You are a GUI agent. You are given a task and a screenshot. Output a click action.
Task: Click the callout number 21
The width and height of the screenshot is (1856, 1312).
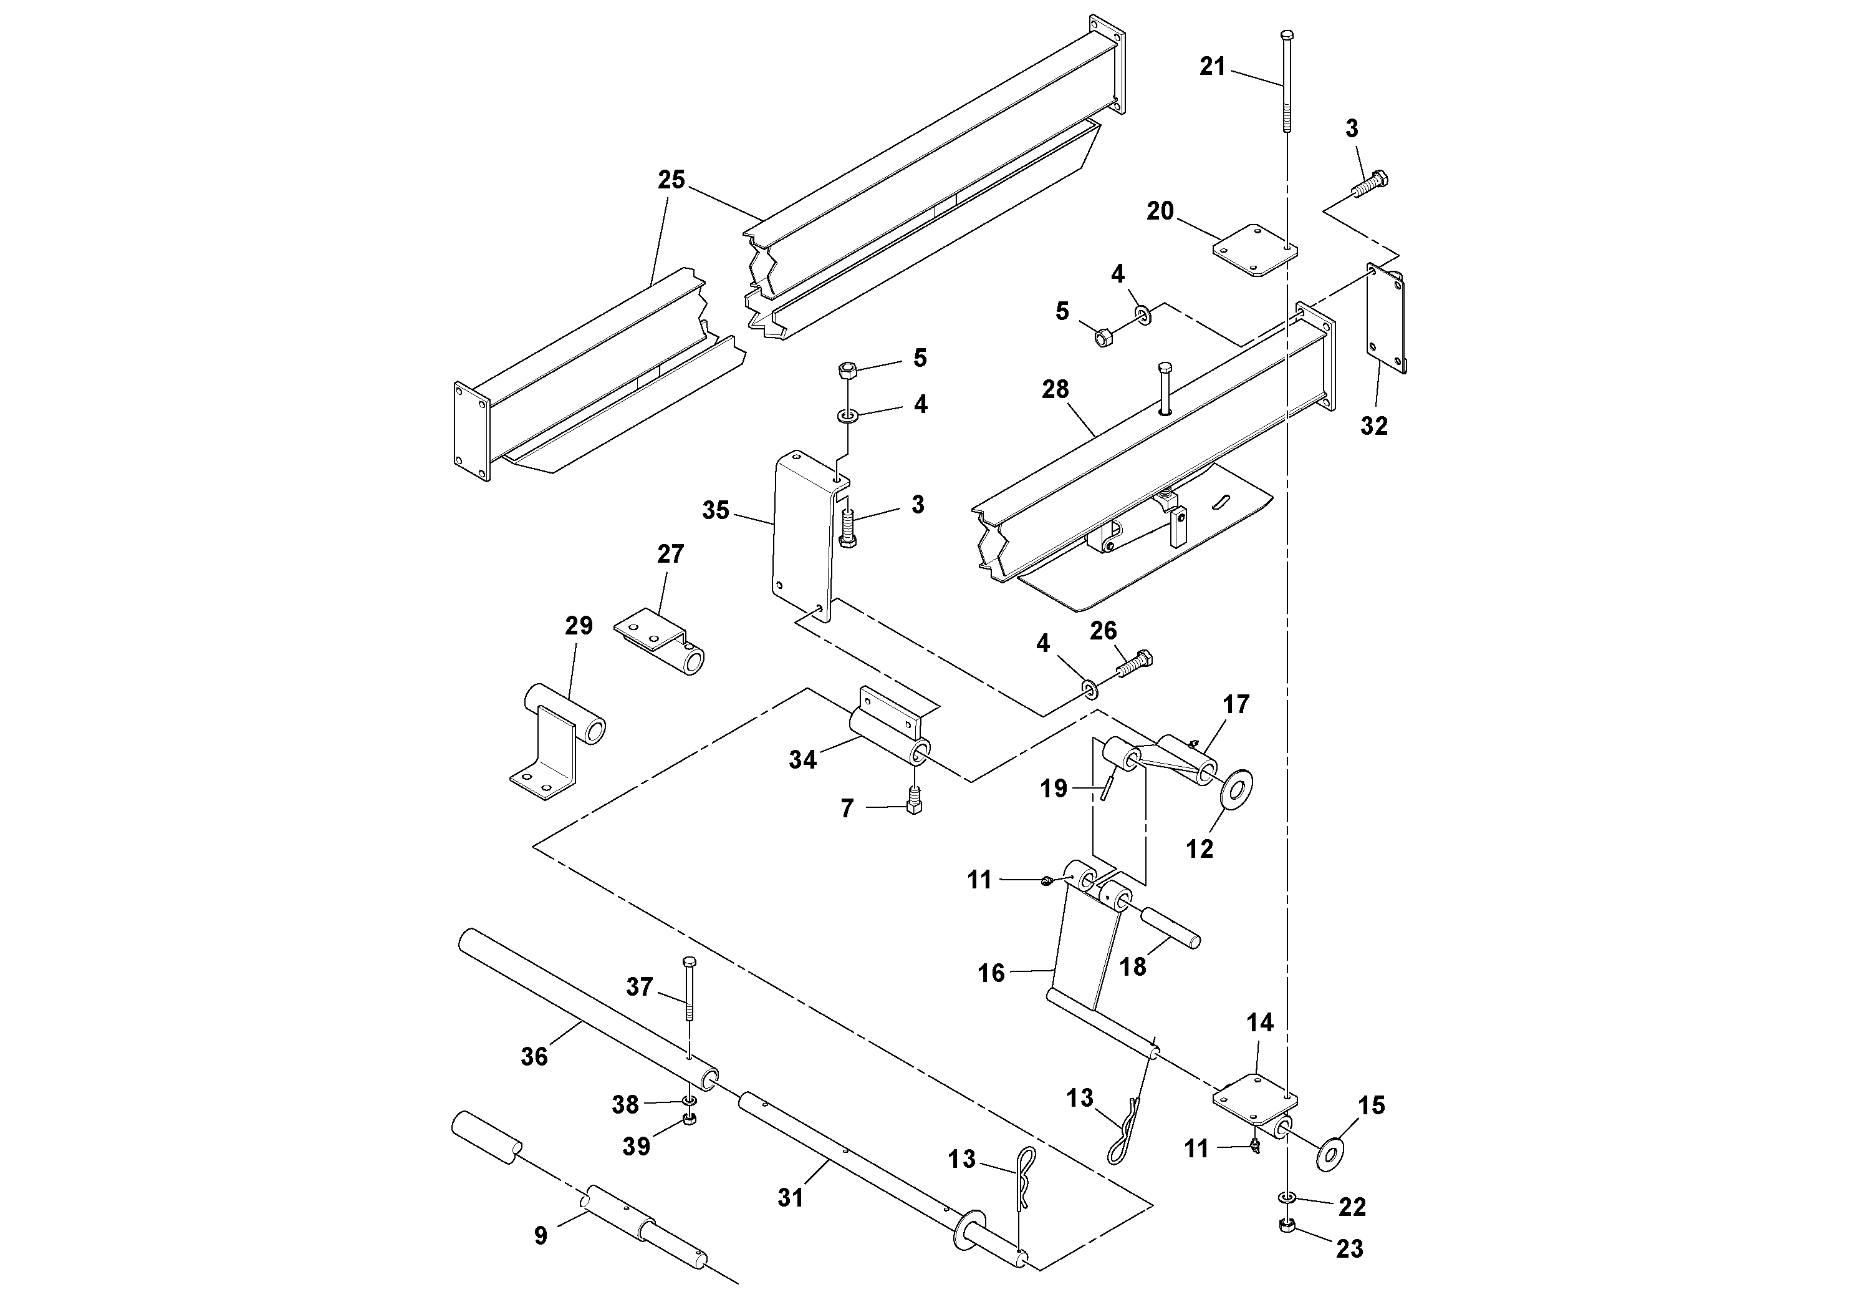1212,66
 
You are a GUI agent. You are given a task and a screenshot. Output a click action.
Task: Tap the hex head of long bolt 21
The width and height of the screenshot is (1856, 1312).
1287,35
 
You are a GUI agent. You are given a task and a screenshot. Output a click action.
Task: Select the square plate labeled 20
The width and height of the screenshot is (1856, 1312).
1254,251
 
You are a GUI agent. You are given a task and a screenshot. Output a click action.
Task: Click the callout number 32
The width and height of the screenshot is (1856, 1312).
1373,425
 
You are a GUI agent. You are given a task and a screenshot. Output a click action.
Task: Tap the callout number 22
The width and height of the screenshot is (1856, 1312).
1352,1207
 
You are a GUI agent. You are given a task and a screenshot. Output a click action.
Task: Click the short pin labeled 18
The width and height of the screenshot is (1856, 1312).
1170,928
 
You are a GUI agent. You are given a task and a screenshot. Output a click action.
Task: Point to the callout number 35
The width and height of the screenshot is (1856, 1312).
715,510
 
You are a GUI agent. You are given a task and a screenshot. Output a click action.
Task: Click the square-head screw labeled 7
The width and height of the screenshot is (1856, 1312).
914,801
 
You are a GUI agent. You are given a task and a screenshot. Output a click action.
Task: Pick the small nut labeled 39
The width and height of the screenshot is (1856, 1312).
690,1119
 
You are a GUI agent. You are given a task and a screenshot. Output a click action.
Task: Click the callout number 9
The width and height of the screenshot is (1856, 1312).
540,1235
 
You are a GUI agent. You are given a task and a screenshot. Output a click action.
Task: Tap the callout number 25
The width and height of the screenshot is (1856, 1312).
671,180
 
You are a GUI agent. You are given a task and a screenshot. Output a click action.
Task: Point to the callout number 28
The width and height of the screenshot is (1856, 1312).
1055,389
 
